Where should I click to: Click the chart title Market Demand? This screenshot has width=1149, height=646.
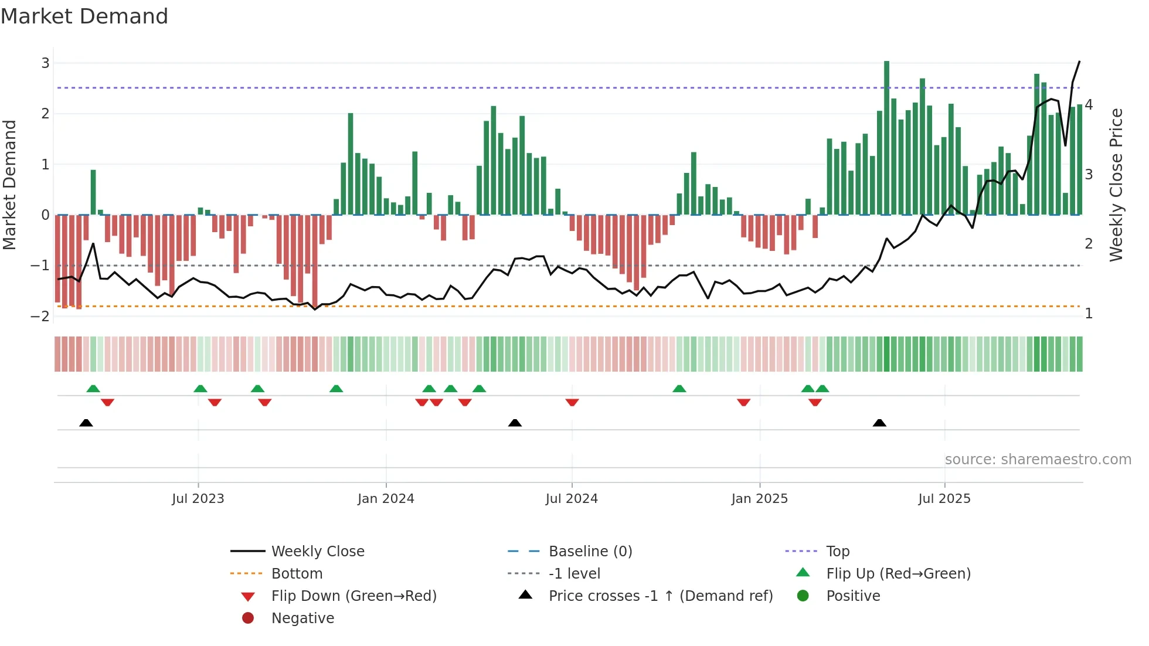[84, 16]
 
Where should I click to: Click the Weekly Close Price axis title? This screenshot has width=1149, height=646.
[1116, 185]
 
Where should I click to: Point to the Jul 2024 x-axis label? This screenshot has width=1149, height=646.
[572, 499]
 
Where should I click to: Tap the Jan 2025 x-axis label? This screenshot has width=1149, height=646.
[759, 499]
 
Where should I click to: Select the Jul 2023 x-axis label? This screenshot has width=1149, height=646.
[198, 499]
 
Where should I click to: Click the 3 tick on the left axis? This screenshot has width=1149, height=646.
[45, 63]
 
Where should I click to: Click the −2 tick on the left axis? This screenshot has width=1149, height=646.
[40, 317]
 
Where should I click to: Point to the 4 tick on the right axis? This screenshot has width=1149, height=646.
[1089, 105]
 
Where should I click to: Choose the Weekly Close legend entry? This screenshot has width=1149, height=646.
[317, 552]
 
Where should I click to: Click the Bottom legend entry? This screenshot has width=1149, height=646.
[297, 574]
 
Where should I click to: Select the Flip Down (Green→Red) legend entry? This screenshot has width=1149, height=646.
[353, 596]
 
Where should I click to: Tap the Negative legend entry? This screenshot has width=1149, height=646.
[302, 618]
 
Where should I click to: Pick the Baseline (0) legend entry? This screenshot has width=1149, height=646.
[590, 552]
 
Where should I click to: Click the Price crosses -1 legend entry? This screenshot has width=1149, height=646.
[660, 596]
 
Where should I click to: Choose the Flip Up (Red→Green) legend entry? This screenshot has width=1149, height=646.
[898, 574]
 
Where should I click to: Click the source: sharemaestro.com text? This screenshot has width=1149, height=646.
[1038, 460]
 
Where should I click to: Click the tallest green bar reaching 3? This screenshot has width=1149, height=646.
[886, 138]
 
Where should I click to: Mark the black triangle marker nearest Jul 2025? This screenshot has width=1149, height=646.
[879, 423]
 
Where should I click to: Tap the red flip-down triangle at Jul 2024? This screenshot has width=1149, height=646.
[572, 402]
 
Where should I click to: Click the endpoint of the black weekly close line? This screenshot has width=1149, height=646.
[1079, 62]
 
